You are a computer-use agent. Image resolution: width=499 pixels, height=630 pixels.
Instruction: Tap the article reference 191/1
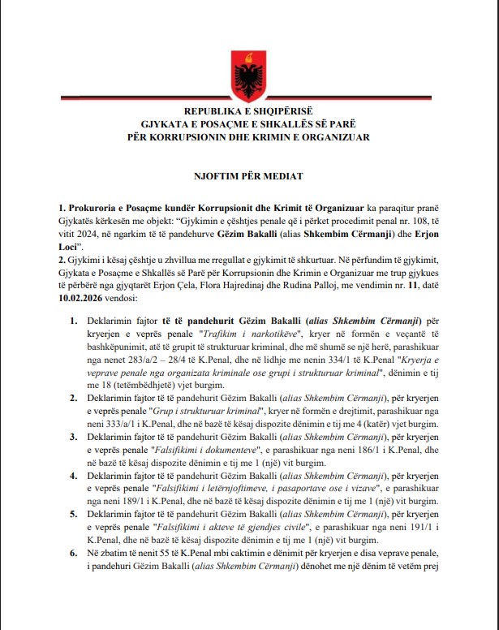coord(441,528)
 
